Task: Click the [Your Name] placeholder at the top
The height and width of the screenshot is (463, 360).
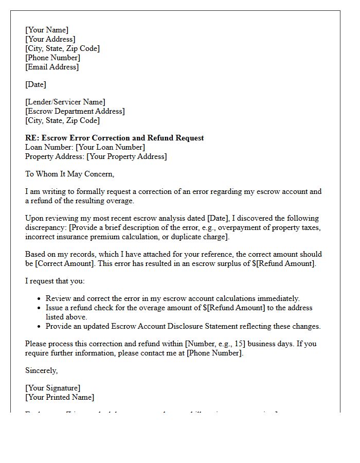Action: tap(47, 30)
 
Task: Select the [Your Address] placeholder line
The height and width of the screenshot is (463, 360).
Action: tap(50, 39)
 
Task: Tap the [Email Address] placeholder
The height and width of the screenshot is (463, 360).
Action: tap(52, 67)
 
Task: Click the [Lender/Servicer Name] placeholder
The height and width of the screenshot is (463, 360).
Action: tap(65, 102)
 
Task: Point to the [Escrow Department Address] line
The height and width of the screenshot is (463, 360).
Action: tap(75, 111)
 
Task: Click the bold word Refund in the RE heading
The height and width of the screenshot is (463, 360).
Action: tap(158, 138)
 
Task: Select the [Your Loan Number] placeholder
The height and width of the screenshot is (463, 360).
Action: tap(110, 147)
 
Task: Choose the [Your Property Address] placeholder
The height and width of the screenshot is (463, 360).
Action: tap(127, 156)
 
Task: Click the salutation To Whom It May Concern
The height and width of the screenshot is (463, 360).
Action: tap(70, 174)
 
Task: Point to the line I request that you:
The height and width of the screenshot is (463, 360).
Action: tap(55, 281)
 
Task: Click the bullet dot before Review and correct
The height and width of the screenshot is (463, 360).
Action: tap(40, 299)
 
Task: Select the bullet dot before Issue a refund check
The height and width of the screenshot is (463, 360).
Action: tap(40, 308)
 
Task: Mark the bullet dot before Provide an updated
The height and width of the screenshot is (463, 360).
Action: tap(40, 327)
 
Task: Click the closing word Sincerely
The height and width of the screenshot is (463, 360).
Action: tap(42, 370)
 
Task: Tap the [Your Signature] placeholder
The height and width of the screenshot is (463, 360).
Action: tap(53, 388)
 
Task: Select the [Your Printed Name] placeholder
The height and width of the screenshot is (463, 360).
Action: tap(60, 397)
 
